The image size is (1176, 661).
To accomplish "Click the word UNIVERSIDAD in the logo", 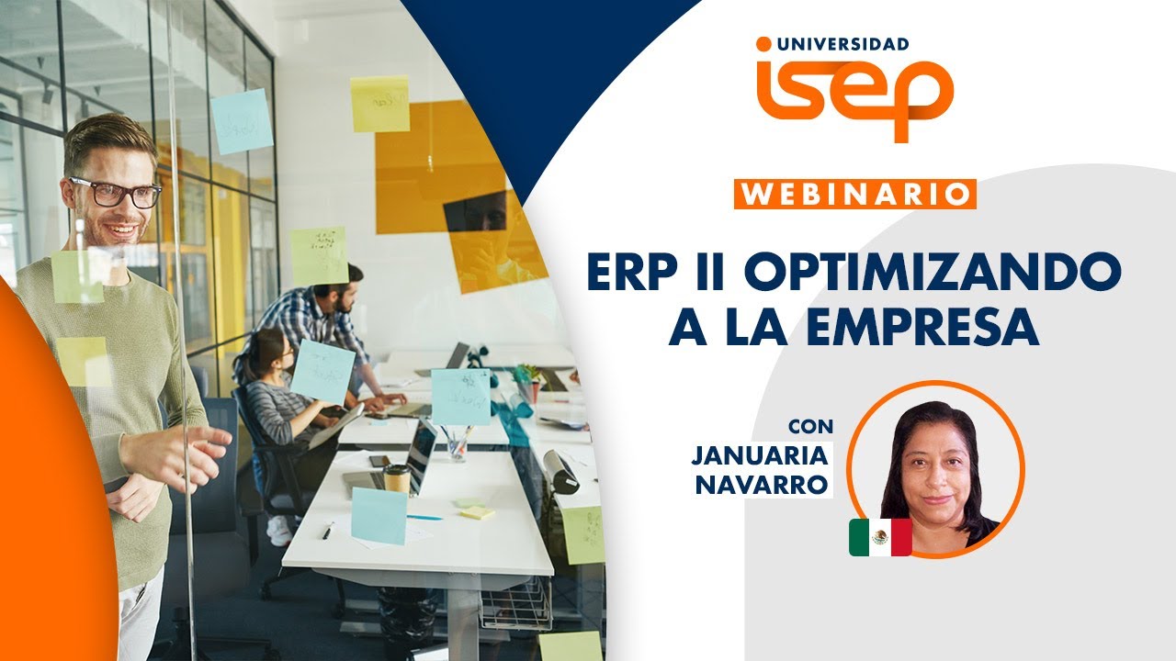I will pos(842,43).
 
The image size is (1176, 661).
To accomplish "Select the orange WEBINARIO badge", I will pos(854,195).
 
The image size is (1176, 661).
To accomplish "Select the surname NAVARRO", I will pos(762,485).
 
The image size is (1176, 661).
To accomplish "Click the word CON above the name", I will pos(811,427).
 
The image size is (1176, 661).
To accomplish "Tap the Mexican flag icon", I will pos(879,537).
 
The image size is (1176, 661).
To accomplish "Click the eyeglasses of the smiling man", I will pos(119,192).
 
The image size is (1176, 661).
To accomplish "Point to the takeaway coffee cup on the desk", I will pos(397,479).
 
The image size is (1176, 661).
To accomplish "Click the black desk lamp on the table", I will pos(560,470).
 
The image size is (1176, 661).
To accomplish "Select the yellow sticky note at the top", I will pos(379,103).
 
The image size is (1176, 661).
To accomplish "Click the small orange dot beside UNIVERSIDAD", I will pos(763,43).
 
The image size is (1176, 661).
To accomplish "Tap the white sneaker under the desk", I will pos(278,530).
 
